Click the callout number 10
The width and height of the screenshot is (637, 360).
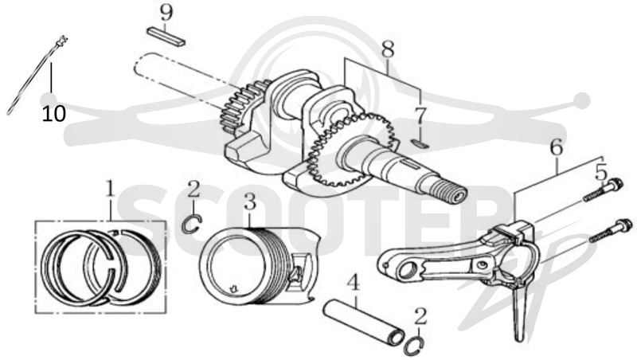[x=53, y=114]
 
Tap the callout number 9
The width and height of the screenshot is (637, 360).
[x=166, y=13]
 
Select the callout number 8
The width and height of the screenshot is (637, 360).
[x=388, y=50]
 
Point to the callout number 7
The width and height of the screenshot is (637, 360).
[x=420, y=116]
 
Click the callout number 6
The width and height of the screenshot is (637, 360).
[x=556, y=147]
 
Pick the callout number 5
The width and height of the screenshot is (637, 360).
[x=601, y=172]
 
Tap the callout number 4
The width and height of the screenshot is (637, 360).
[x=354, y=284]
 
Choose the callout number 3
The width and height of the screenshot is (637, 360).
[x=249, y=202]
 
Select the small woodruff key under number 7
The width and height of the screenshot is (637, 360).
[x=419, y=143]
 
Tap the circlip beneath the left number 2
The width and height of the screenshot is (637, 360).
[x=191, y=225]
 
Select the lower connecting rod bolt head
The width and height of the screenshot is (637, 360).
[x=623, y=225]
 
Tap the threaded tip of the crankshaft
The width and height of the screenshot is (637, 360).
[x=453, y=194]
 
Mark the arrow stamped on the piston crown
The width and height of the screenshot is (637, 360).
[x=234, y=289]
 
